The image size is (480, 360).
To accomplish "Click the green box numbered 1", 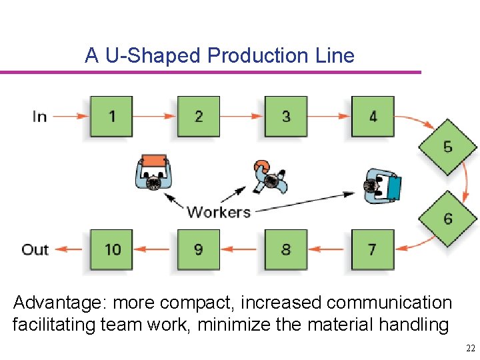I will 111,117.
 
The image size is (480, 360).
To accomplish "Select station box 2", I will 199,117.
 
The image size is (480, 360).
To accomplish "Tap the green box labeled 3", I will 286,117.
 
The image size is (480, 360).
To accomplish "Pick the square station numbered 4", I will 373,117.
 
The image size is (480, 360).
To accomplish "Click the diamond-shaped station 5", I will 447,147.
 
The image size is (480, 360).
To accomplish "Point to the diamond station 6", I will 447,219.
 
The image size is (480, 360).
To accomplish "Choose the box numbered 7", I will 373,250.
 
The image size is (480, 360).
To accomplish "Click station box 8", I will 286,250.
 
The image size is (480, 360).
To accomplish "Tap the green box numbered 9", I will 199,250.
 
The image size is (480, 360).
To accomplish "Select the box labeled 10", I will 111,250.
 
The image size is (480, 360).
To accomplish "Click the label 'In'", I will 39,117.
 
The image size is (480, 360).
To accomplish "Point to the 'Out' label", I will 35,250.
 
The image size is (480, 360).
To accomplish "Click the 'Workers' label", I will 219,213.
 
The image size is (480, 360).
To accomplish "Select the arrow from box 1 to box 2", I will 155,117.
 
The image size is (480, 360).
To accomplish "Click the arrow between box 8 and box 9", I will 242,250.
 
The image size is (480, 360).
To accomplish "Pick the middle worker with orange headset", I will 270,177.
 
